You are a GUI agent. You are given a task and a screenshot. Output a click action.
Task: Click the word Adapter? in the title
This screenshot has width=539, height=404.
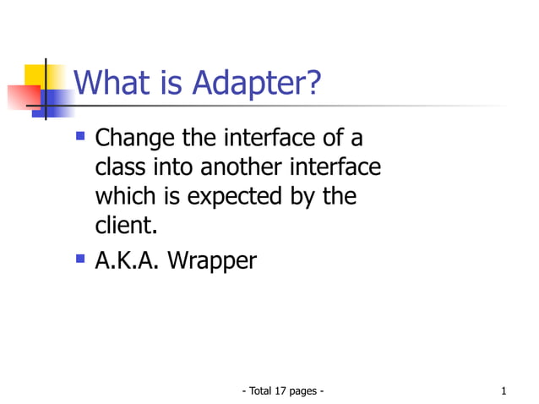pyautogui.click(x=257, y=84)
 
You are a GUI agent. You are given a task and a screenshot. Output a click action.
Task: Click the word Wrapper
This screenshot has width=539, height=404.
pyautogui.click(x=211, y=261)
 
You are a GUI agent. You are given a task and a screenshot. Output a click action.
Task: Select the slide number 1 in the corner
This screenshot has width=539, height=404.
pyautogui.click(x=504, y=390)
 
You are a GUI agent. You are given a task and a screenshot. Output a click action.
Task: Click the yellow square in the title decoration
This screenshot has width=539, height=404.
pyautogui.click(x=35, y=75)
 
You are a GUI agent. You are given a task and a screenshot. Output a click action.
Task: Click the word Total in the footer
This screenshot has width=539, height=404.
pyautogui.click(x=259, y=390)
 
